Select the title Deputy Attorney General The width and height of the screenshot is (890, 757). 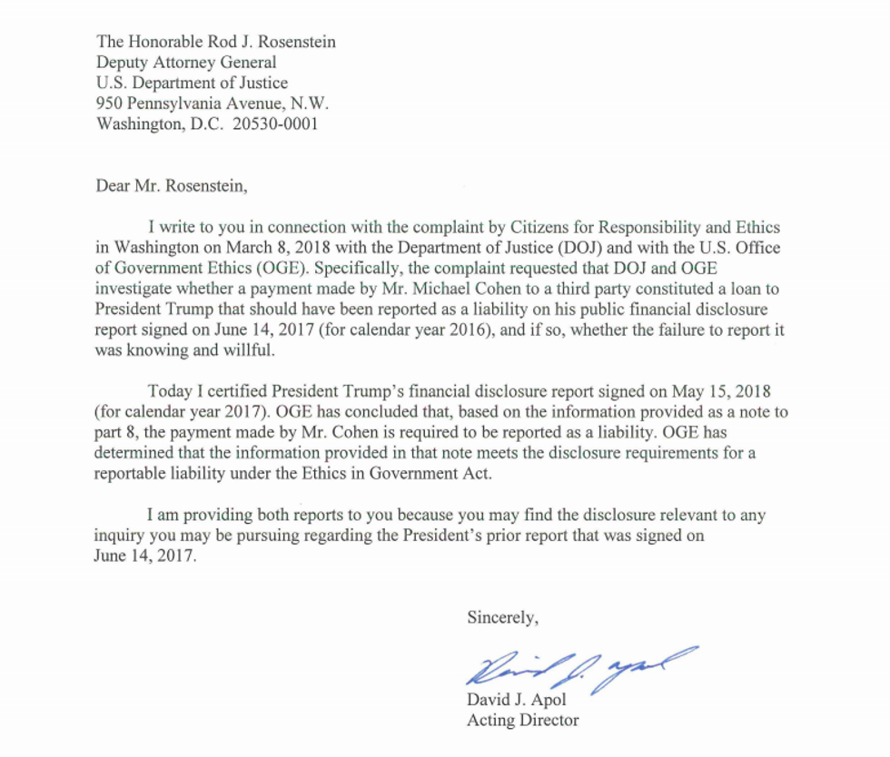click(x=186, y=63)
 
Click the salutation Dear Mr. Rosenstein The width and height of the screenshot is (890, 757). click(x=171, y=188)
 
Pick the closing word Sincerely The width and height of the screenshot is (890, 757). click(x=503, y=617)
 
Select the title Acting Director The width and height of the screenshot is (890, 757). click(x=522, y=721)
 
